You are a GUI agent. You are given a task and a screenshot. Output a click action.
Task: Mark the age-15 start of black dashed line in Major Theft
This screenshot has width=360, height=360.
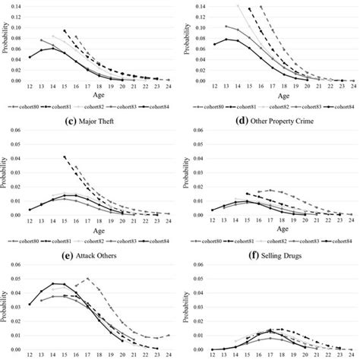[x=65, y=156]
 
